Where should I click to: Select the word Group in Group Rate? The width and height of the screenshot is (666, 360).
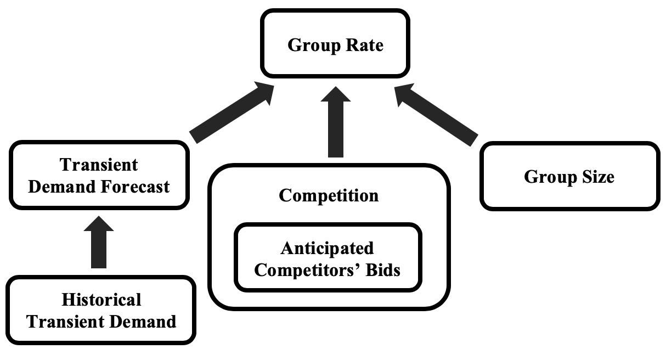(x=312, y=45)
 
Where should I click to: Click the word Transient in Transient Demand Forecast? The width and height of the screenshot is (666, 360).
(x=99, y=165)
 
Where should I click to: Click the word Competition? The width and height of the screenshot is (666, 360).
(x=329, y=195)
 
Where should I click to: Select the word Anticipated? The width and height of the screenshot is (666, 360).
(x=327, y=248)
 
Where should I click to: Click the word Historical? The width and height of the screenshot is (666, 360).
(x=101, y=300)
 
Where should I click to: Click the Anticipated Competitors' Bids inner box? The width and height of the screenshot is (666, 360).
(x=328, y=258)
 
